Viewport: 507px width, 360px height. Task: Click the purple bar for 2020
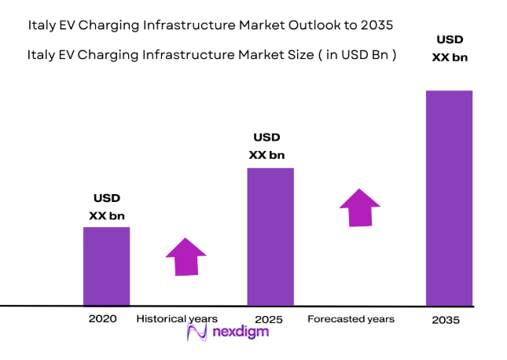pyautogui.click(x=106, y=266)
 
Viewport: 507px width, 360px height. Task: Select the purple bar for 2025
pyautogui.click(x=270, y=236)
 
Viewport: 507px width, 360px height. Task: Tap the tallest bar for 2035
pyautogui.click(x=449, y=197)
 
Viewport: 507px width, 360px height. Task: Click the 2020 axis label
pyautogui.click(x=103, y=319)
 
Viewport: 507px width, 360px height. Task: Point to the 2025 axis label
pyautogui.click(x=269, y=320)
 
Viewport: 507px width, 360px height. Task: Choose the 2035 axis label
pyautogui.click(x=446, y=321)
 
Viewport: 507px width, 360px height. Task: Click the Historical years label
pyautogui.click(x=177, y=319)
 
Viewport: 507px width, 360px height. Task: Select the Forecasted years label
pyautogui.click(x=351, y=319)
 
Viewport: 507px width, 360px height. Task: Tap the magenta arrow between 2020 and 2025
pyautogui.click(x=186, y=256)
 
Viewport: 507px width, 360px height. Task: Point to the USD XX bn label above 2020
pyautogui.click(x=107, y=207)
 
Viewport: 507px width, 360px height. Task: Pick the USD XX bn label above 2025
pyautogui.click(x=266, y=146)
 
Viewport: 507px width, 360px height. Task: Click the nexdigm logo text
pyautogui.click(x=241, y=332)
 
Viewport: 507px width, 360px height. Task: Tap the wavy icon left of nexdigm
pyautogui.click(x=197, y=332)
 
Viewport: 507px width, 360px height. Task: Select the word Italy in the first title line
pyautogui.click(x=41, y=25)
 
